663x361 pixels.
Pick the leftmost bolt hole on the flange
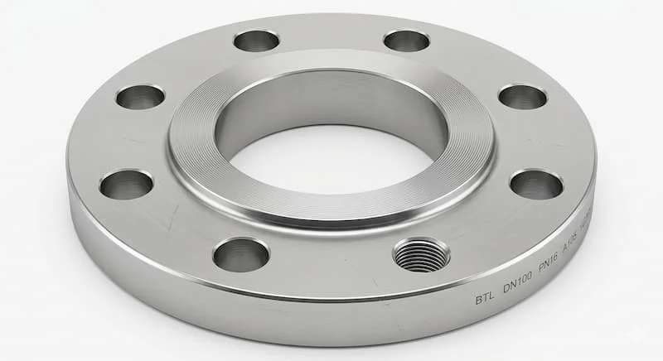126,184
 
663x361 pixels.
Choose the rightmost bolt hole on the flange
536,184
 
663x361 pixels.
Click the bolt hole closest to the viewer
240,254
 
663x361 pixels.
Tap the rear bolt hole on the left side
256,40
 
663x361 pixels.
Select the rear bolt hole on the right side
406,40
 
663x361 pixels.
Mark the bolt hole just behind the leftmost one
139,97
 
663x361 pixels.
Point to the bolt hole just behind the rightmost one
522,96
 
